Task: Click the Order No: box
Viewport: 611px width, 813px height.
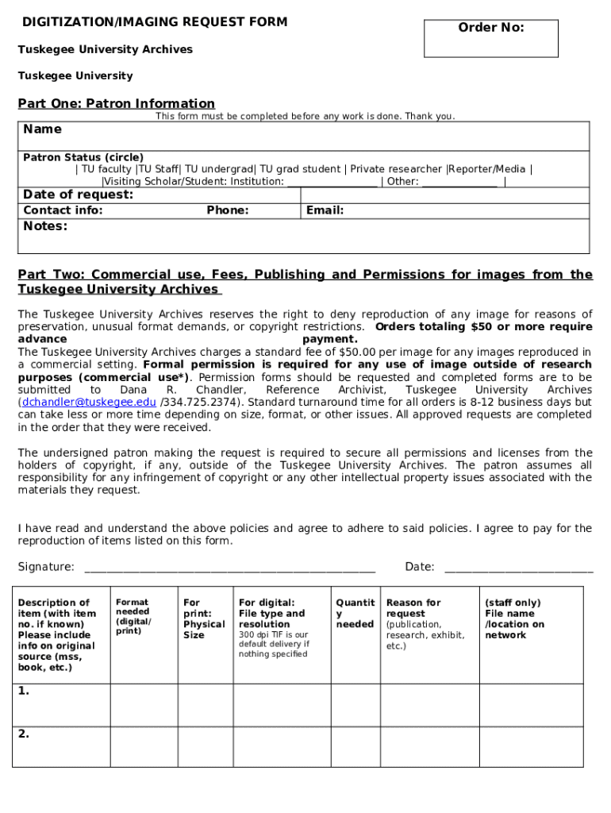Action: coord(491,39)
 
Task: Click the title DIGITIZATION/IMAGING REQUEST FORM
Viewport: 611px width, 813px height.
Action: coord(155,22)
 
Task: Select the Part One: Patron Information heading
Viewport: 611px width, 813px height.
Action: coord(117,103)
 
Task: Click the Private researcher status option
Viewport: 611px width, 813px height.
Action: coord(396,169)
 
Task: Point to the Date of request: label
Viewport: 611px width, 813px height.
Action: coord(79,195)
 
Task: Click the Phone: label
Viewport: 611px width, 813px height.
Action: coord(228,210)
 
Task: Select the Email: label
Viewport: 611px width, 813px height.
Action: coord(325,210)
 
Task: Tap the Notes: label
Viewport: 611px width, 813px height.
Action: coord(45,226)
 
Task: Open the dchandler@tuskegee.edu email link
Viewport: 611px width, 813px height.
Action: coord(89,403)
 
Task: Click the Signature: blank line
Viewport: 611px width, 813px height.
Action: coord(229,568)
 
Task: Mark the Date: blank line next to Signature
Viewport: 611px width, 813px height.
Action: coord(518,568)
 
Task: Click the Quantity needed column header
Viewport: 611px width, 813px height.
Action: coord(355,613)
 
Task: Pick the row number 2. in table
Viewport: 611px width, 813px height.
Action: coord(24,734)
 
